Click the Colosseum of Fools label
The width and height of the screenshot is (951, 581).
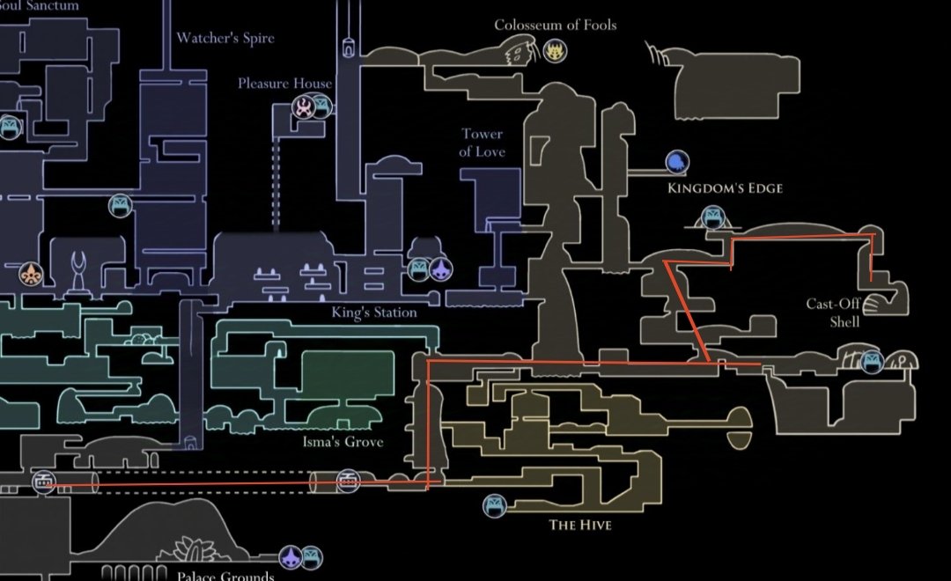click(x=555, y=25)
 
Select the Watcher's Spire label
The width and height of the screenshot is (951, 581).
click(x=225, y=38)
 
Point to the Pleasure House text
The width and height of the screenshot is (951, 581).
click(x=284, y=84)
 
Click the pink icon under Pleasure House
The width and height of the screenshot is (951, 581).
click(x=304, y=108)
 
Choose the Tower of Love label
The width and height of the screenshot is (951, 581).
click(x=483, y=143)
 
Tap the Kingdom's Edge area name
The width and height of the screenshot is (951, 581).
click(x=725, y=188)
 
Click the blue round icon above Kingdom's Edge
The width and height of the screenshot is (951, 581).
click(x=676, y=161)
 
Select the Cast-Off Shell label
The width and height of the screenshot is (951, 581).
click(x=832, y=313)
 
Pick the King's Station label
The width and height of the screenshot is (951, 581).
click(x=374, y=313)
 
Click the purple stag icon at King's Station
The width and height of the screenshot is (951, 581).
click(x=439, y=268)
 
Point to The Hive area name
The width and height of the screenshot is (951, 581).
click(x=580, y=526)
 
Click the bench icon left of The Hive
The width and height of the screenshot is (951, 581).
click(x=494, y=505)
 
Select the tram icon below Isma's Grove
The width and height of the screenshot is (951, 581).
click(x=348, y=482)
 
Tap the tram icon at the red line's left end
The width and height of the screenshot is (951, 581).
click(x=44, y=482)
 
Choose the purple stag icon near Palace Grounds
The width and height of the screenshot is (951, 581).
click(x=291, y=556)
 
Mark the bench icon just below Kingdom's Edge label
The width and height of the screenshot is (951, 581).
click(x=711, y=217)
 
